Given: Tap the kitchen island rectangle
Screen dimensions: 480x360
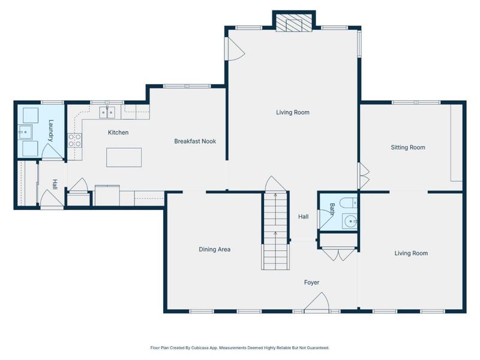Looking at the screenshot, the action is click(124, 157).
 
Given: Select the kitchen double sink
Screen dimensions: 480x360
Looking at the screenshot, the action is click(107, 112).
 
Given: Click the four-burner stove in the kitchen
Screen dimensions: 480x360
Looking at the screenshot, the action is click(74, 140).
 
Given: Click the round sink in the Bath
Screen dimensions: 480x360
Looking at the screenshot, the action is click(350, 221).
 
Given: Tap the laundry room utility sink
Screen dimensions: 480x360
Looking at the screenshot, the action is click(25, 132).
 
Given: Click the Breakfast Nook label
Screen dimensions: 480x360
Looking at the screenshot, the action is click(195, 141).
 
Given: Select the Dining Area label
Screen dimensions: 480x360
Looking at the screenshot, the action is click(215, 250).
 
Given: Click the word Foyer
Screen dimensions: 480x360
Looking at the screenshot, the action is click(311, 283).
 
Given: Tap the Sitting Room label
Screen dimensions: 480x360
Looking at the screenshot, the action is click(408, 147).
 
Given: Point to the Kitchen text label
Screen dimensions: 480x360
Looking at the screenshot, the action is click(118, 133).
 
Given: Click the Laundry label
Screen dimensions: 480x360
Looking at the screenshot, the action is click(51, 130).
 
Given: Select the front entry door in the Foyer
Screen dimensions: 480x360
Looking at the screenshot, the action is click(317, 303).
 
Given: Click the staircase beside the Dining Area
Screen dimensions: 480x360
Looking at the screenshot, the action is click(275, 230).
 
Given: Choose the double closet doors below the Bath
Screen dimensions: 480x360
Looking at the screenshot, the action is click(338, 253).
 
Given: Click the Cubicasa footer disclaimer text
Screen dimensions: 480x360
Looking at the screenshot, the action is click(239, 348).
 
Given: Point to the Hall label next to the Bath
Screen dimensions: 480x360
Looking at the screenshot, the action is click(304, 217).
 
